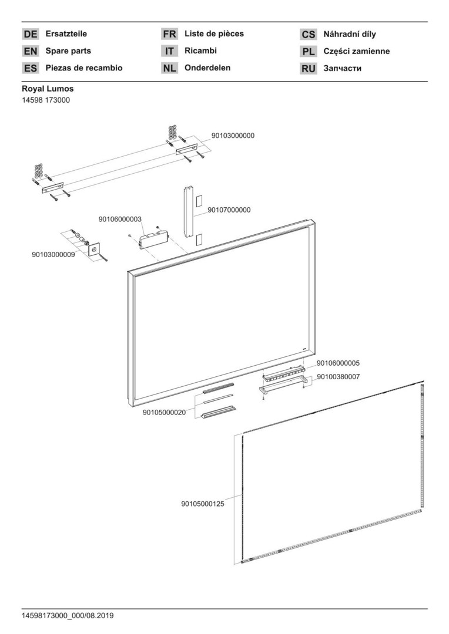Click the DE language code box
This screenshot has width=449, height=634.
coord(31,35)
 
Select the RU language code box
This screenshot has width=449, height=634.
coord(309,69)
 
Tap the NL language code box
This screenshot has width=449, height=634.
coord(169,68)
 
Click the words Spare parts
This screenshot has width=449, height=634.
coord(68,51)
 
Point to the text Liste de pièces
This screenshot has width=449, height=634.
coord(214,34)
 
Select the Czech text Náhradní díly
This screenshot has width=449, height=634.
coord(350,35)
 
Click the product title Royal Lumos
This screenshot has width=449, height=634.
coord(48,89)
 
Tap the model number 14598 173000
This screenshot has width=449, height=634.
coord(46,100)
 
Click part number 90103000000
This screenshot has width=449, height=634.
coord(233,136)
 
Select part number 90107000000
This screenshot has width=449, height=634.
coord(229,210)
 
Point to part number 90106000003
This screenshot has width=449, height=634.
coord(120,219)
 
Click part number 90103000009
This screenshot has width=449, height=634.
coord(53,255)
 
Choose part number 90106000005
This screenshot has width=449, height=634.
coord(338,363)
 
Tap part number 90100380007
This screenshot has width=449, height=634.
coord(338,376)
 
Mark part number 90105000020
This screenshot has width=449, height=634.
coord(164,412)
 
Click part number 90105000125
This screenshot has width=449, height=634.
coord(203,503)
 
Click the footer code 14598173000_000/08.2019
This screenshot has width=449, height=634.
coord(68,616)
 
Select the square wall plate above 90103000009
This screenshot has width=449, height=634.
coord(94,249)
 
